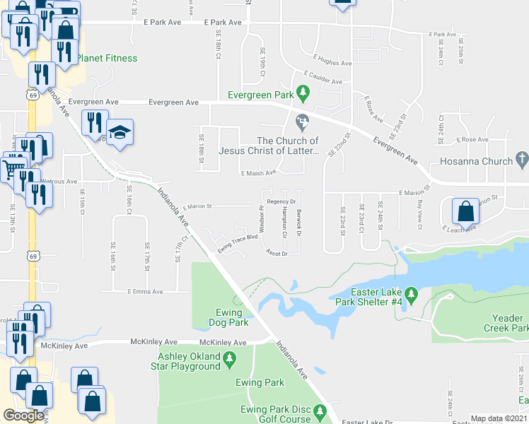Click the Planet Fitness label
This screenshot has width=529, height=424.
pos(107,58)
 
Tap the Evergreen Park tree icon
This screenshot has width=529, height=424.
pos(303,92)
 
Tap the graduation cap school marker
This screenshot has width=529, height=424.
pos(120,131)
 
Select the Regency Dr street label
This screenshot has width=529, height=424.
pos(281,201)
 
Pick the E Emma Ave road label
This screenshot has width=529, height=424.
pos(145,291)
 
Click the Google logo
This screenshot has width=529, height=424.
pos(23,416)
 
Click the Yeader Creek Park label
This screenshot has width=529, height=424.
pos(506,323)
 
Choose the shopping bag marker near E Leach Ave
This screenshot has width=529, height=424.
pos(466,211)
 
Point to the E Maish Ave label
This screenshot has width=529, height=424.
pos(257,172)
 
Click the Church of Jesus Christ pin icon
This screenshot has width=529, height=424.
pos(303,122)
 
